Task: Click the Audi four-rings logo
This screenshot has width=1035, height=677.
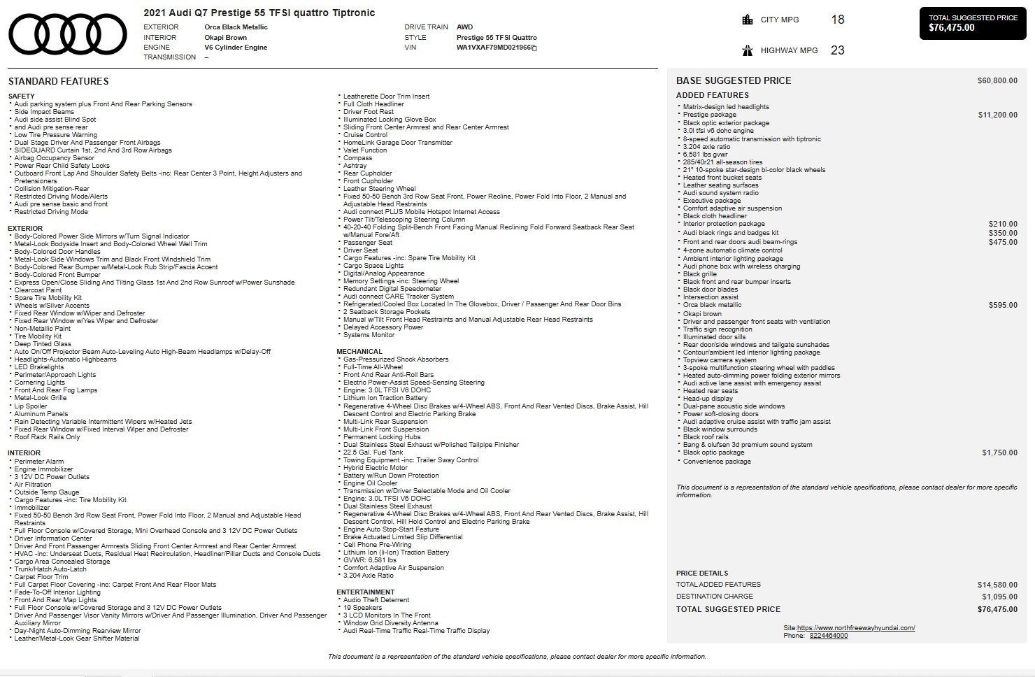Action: coord(68,34)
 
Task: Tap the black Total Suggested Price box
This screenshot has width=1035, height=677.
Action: coord(973,23)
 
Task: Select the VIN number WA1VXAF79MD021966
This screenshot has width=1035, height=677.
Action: coord(494,48)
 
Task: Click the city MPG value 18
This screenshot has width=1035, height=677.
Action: coord(837,20)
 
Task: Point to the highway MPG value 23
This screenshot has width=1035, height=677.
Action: coord(837,50)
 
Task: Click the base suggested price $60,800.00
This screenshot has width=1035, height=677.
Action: coord(997,81)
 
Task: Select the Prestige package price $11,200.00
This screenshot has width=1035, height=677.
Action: coord(997,115)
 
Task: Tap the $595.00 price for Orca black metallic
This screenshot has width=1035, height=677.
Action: coord(1003,306)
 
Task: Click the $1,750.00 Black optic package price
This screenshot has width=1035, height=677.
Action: coord(999,453)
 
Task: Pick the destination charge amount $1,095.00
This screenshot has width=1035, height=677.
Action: coord(999,597)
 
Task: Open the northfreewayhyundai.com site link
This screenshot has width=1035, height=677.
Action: coord(855,628)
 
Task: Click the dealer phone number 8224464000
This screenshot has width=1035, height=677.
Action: coord(828,636)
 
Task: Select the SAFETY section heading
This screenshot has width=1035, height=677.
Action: coord(21,97)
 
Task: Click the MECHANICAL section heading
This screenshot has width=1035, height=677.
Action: coord(359,352)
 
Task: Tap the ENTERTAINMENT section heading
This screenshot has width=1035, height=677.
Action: coord(365,592)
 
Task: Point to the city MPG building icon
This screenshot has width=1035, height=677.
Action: coord(748,20)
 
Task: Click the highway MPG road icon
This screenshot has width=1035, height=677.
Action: coord(748,50)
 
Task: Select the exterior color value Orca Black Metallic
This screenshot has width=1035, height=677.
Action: coord(236,27)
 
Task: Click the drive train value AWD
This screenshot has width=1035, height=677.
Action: coord(464,27)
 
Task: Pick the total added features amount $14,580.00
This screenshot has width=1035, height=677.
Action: coord(997,585)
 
